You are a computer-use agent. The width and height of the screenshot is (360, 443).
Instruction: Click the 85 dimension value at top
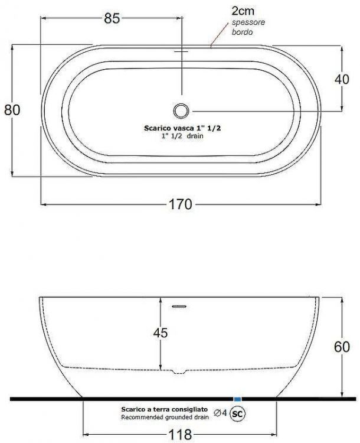click(x=112, y=18)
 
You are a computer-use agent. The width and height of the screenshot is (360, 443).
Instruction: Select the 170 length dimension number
click(x=181, y=204)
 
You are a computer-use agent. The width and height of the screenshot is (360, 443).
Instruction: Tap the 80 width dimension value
click(x=12, y=110)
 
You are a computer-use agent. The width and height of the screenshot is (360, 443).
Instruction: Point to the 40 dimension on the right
click(x=342, y=80)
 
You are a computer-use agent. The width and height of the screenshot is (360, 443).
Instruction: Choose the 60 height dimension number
click(x=342, y=347)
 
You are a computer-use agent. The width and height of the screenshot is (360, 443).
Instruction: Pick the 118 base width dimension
click(x=180, y=435)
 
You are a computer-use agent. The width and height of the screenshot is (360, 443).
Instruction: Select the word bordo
click(x=242, y=32)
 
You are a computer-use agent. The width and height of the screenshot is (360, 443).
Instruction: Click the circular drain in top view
click(x=181, y=110)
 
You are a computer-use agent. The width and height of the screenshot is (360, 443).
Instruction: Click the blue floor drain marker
click(x=238, y=399)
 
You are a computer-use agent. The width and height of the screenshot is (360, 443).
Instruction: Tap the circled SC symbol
click(x=238, y=413)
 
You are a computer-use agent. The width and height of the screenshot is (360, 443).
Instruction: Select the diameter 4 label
click(x=221, y=412)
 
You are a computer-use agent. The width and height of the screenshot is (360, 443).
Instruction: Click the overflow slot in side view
click(x=178, y=307)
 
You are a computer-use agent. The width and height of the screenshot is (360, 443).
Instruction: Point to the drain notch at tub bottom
click(x=178, y=372)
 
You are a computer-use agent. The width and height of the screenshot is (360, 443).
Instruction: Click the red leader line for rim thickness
click(x=221, y=37)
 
